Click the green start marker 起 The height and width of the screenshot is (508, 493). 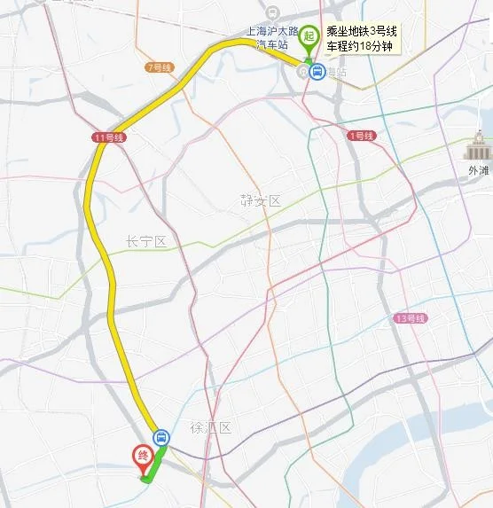coord(309,36)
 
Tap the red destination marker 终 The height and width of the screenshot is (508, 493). coord(142,456)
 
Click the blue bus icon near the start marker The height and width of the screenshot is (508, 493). coord(316,71)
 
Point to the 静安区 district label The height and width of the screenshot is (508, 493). coord(261,201)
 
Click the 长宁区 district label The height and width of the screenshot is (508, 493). coord(146,241)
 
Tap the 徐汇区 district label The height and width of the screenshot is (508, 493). coord(210,427)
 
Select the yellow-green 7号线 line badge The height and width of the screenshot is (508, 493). coord(160,67)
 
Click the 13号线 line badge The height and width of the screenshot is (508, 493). coord(411,317)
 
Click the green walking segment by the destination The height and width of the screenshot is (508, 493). coord(153,467)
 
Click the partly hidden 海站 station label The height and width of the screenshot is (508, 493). coord(334,71)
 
